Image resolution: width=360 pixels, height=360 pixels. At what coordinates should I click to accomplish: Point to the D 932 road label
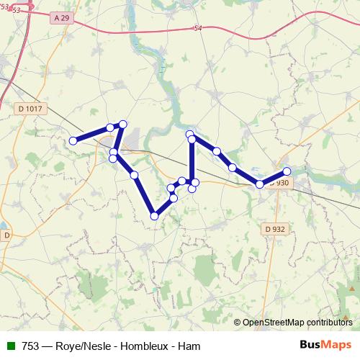pos(274,229)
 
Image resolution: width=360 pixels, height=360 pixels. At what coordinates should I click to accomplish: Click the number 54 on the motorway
pos(197,28)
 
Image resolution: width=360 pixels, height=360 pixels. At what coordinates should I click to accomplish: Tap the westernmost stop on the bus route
pos(73,140)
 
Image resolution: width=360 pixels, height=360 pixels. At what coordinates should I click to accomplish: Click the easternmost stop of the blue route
pos(287,171)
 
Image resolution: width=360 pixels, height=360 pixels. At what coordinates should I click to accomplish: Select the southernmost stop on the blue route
pos(154,215)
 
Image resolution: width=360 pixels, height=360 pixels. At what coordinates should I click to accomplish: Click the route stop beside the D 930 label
pos(260,184)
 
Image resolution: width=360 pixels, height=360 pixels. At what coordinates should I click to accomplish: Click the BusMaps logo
pos(327,344)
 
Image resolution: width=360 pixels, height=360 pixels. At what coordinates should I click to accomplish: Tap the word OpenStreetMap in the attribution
pos(274,322)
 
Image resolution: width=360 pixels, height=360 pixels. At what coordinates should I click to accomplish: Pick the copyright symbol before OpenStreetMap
pos(238,322)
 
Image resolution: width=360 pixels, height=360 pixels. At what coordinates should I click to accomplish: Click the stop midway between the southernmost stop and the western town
pos(134,175)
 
